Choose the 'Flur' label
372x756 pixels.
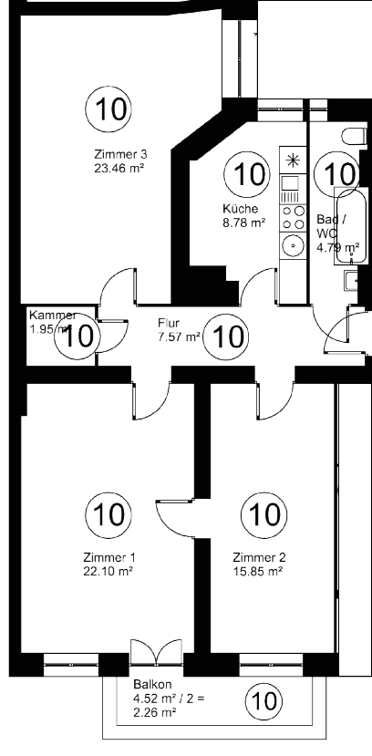click(168, 323)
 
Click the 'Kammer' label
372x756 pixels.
click(50, 316)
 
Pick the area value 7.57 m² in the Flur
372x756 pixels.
click(179, 337)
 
